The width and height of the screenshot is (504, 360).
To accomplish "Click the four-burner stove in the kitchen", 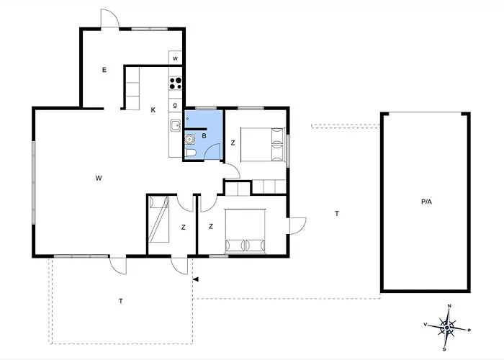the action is pyautogui.click(x=176, y=84).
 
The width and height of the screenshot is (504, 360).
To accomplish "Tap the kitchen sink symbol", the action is pyautogui.click(x=176, y=125).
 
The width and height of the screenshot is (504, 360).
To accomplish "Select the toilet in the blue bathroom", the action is pyautogui.click(x=190, y=153).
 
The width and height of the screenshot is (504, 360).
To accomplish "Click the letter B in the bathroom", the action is pyautogui.click(x=204, y=136).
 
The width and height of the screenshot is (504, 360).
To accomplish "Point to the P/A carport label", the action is pyautogui.click(x=426, y=202).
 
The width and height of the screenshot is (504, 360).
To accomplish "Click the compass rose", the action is pyautogui.click(x=447, y=328).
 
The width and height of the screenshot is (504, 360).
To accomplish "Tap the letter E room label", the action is pyautogui.click(x=104, y=70).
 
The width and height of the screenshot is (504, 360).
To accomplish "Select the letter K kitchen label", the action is pyautogui.click(x=153, y=110).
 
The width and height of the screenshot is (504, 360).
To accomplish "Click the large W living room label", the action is pyautogui.click(x=99, y=178).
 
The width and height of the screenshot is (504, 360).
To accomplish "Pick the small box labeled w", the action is pyautogui.click(x=175, y=58).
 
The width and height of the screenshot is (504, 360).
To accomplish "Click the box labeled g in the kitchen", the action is pyautogui.click(x=175, y=105).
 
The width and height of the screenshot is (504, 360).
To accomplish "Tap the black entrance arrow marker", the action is pyautogui.click(x=195, y=279).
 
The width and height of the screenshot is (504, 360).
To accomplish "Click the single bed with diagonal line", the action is pyautogui.click(x=159, y=219).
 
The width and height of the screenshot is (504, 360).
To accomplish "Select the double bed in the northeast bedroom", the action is pyautogui.click(x=263, y=144).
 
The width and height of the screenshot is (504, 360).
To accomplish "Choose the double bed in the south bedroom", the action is pyautogui.click(x=246, y=231).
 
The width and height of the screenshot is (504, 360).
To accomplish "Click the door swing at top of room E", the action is pyautogui.click(x=110, y=18).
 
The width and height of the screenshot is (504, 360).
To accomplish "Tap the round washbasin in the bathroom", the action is pyautogui.click(x=189, y=140).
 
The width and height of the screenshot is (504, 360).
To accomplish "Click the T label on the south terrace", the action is pyautogui.click(x=121, y=301).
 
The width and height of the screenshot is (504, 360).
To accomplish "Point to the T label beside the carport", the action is pyautogui.click(x=337, y=213).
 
